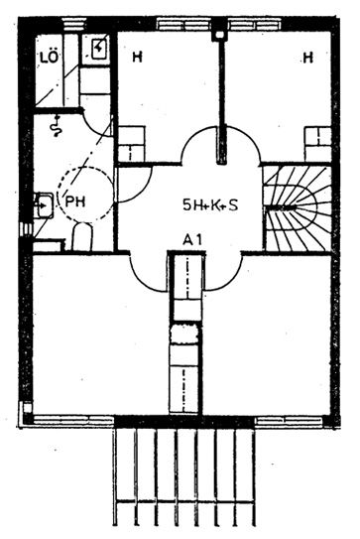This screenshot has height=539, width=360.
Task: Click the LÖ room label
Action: pyautogui.click(x=50, y=57)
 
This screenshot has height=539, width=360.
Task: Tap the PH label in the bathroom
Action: pyautogui.click(x=75, y=202)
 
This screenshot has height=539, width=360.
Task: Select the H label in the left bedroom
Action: pyautogui.click(x=137, y=57)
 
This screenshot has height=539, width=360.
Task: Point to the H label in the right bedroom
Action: pyautogui.click(x=308, y=57)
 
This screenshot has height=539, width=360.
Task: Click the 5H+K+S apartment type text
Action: pyautogui.click(x=210, y=205)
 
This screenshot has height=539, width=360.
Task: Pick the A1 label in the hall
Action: pyautogui.click(x=192, y=239)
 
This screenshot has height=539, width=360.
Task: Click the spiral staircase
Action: pyautogui.click(x=297, y=208)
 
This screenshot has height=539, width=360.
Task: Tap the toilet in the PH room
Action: pyautogui.click(x=82, y=236)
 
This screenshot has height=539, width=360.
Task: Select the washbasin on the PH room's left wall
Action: pyautogui.click(x=44, y=205)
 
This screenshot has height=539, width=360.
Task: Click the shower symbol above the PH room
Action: pyautogui.click(x=57, y=126)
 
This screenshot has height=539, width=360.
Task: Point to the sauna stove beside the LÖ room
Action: pyautogui.click(x=98, y=50)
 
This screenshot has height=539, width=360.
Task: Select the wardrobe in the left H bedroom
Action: pyautogui.click(x=131, y=143)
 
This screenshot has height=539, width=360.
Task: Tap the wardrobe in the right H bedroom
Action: pyautogui.click(x=318, y=143)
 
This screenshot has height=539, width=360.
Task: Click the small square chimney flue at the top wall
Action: pyautogui.click(x=219, y=35)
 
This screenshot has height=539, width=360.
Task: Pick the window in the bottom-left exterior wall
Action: pyautogui.click(x=73, y=420)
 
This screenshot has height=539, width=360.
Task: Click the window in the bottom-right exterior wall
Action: pyautogui.click(x=290, y=420)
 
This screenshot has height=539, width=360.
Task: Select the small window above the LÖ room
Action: pyautogui.click(x=74, y=25)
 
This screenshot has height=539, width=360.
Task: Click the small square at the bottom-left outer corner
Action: pyautogui.click(x=28, y=408)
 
